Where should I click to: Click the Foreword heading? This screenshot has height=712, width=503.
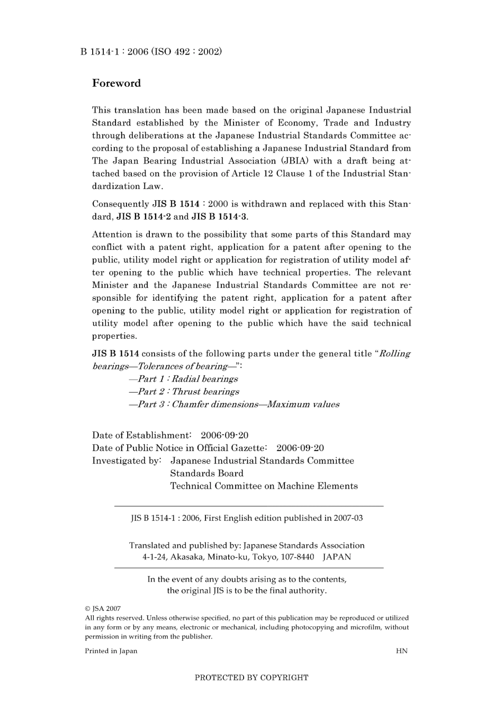pyautogui.click(x=116, y=83)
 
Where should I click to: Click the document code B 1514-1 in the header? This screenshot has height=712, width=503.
pyautogui.click(x=98, y=51)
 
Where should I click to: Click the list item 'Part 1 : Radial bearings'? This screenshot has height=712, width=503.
pyautogui.click(x=183, y=379)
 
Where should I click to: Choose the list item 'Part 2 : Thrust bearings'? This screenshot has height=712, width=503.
pyautogui.click(x=184, y=392)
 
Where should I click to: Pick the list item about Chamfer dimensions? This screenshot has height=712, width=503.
pyautogui.click(x=233, y=404)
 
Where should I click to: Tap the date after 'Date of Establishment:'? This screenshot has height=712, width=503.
pyautogui.click(x=224, y=435)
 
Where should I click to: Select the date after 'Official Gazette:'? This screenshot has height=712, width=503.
pyautogui.click(x=300, y=448)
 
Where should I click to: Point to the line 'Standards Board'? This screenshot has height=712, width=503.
pyautogui.click(x=207, y=473)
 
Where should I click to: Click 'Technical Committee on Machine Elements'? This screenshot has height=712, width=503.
pyautogui.click(x=264, y=486)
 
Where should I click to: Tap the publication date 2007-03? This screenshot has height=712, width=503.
pyautogui.click(x=348, y=518)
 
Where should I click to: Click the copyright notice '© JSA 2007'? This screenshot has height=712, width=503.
pyautogui.click(x=103, y=609)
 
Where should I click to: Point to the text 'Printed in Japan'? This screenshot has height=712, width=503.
pyautogui.click(x=111, y=651)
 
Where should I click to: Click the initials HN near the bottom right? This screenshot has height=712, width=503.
pyautogui.click(x=402, y=651)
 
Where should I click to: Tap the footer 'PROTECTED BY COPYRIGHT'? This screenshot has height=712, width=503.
pyautogui.click(x=251, y=678)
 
